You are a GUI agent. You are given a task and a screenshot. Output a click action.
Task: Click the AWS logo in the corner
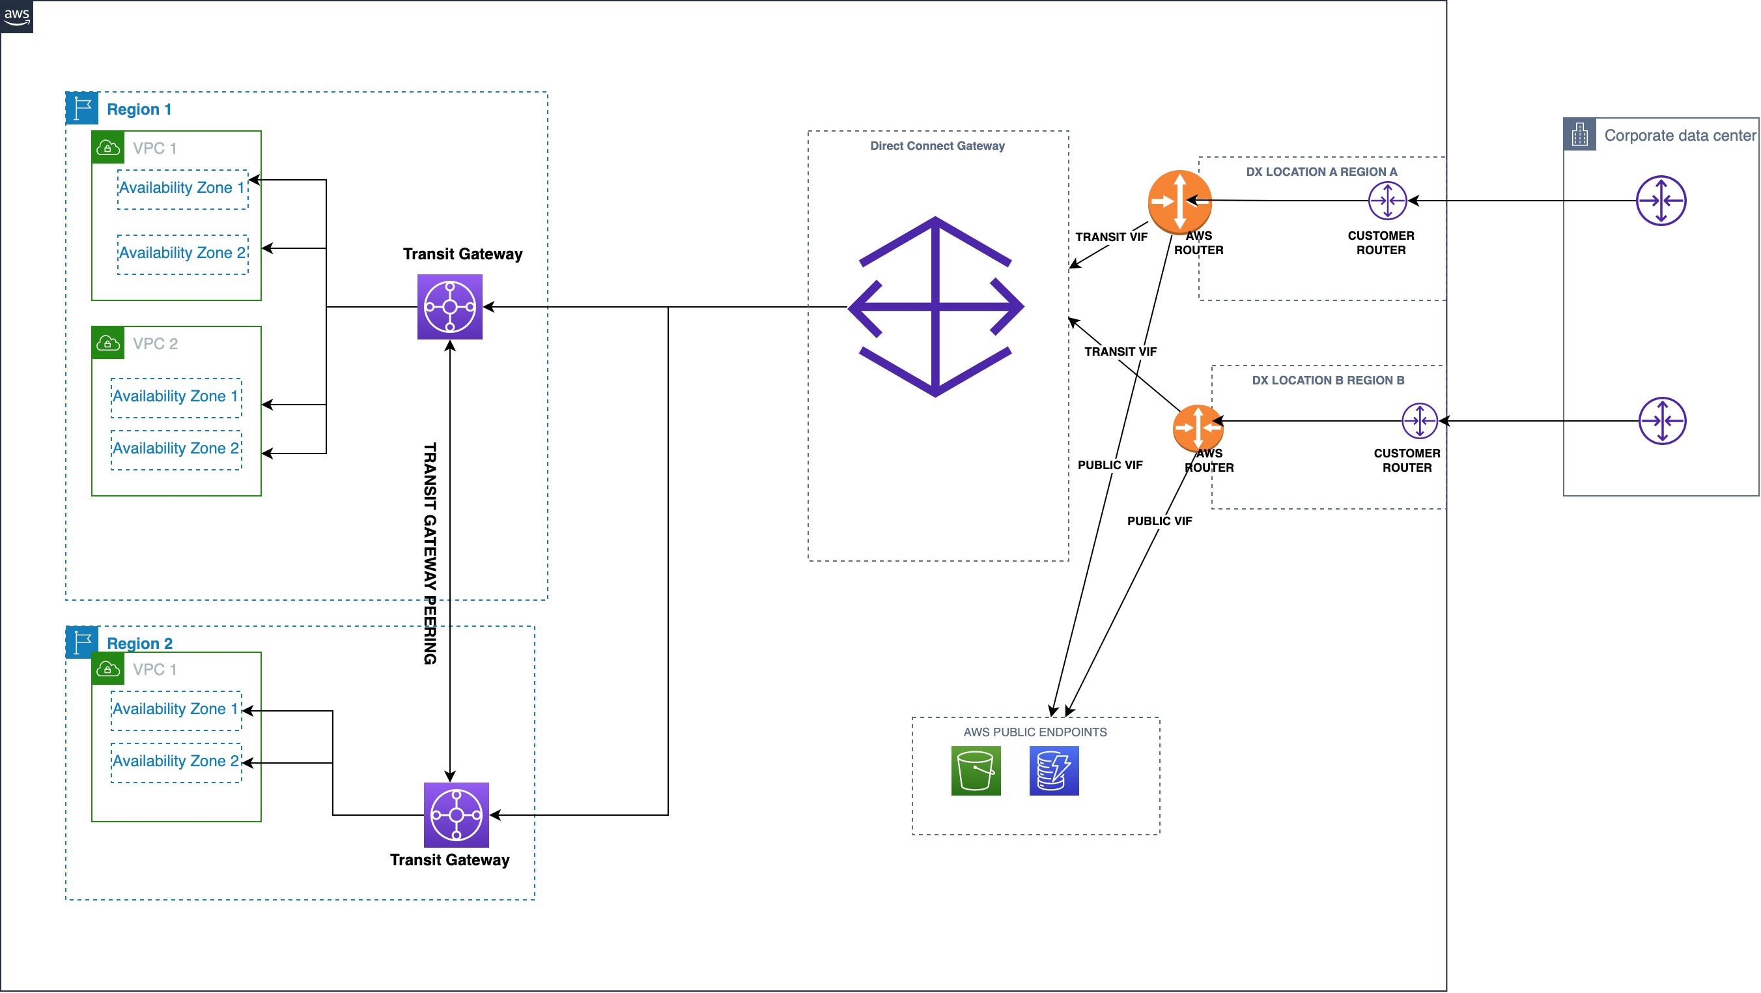pyautogui.click(x=16, y=16)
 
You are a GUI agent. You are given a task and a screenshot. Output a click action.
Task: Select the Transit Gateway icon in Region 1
pyautogui.click(x=450, y=307)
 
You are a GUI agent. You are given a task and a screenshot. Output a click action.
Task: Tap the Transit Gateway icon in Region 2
pyautogui.click(x=456, y=815)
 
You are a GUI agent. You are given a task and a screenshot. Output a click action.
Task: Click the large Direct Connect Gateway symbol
pyautogui.click(x=935, y=307)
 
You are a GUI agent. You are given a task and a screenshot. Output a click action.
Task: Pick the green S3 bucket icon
pyautogui.click(x=976, y=771)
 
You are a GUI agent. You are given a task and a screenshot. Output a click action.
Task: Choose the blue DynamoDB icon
pyautogui.click(x=1054, y=771)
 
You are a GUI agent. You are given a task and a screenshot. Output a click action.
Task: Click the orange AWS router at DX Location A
pyautogui.click(x=1179, y=202)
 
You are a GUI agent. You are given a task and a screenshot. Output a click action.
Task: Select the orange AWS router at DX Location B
pyautogui.click(x=1197, y=428)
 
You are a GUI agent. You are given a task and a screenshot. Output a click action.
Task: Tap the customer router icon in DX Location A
pyautogui.click(x=1387, y=201)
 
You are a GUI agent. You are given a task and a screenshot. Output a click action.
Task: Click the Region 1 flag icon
pyautogui.click(x=82, y=108)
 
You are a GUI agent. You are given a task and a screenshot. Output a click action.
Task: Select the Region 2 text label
pyautogui.click(x=139, y=644)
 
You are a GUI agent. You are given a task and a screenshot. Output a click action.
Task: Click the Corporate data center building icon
pyautogui.click(x=1579, y=135)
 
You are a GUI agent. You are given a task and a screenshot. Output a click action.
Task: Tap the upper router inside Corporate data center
pyautogui.click(x=1661, y=201)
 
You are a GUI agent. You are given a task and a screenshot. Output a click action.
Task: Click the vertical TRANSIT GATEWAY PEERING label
pyautogui.click(x=430, y=553)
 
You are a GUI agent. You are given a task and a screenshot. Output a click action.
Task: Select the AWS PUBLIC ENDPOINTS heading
pyautogui.click(x=1035, y=732)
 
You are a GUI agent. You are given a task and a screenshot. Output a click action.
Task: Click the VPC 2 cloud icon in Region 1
pyautogui.click(x=108, y=343)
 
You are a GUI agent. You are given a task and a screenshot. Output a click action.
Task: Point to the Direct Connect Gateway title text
pyautogui.click(x=937, y=146)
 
